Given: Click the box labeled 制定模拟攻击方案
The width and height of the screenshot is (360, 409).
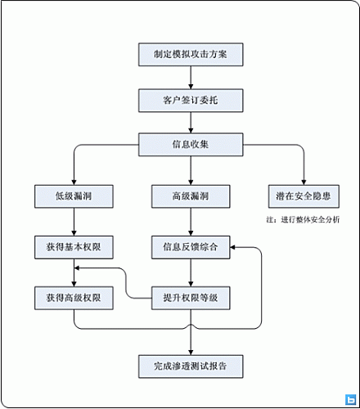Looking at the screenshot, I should pos(190,56).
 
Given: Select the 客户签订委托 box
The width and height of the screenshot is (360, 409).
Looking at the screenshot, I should pos(190,101).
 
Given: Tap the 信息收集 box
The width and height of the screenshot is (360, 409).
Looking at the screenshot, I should pos(190,146).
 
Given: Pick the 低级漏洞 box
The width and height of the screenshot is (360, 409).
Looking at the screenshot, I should pos(74,196).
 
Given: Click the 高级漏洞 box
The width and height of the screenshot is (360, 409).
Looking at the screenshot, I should pos(190,196).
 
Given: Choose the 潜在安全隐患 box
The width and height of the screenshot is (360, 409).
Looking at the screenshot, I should pos(304,196).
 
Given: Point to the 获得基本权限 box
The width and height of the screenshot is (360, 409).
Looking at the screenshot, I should pos(74,246).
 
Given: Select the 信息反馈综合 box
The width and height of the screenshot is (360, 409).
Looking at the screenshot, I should pos(190,246).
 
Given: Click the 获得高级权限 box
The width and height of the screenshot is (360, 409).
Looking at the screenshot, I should pos(74,298).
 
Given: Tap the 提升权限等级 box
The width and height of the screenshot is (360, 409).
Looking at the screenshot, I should pos(190,298).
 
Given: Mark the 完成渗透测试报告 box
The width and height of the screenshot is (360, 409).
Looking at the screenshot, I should pos(190,366).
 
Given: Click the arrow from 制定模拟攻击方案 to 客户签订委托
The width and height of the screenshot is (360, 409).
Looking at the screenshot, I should pos(190,78).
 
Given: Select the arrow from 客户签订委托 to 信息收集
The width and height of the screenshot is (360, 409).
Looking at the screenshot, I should pos(190,123).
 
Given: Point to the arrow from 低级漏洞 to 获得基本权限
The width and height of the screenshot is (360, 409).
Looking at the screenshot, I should pos(74,221).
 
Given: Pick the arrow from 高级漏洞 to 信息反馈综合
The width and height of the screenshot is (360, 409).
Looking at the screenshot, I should pos(190,221).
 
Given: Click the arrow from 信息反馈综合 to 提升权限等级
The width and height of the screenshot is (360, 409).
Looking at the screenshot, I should pos(190,272).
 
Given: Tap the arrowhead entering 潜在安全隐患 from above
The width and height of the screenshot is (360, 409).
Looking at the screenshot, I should pos(304,181).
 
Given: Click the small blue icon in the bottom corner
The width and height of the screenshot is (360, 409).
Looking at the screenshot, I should pos(350,400).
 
